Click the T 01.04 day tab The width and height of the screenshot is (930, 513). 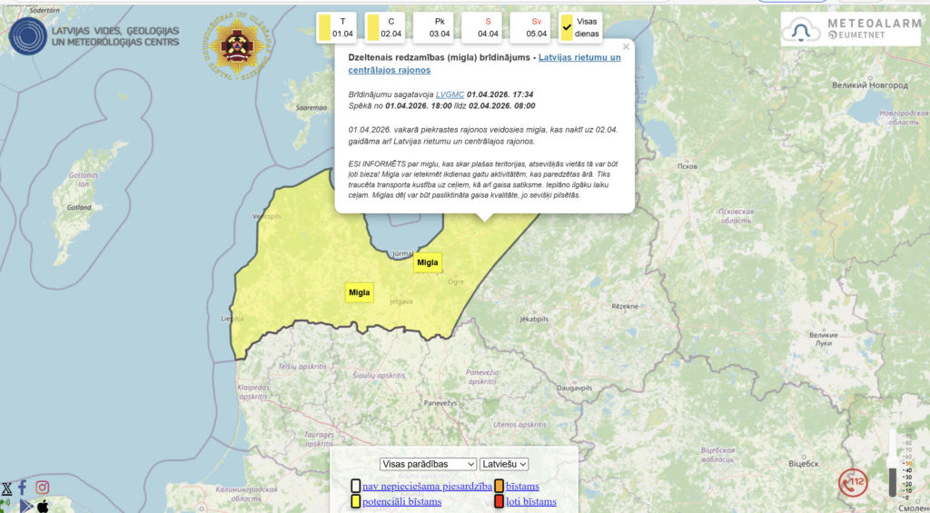pyautogui.click(x=336, y=27)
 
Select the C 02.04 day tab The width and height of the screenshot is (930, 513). pyautogui.click(x=385, y=27)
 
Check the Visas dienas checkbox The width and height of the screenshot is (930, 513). pyautogui.click(x=568, y=28)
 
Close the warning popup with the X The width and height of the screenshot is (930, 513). pyautogui.click(x=626, y=46)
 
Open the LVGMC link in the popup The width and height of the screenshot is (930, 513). pyautogui.click(x=450, y=94)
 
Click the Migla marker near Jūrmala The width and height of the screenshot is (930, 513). pyautogui.click(x=427, y=262)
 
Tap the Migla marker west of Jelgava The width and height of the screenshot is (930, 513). pyautogui.click(x=359, y=292)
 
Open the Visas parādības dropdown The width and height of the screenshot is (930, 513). pyautogui.click(x=428, y=464)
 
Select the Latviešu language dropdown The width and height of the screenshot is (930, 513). pyautogui.click(x=504, y=464)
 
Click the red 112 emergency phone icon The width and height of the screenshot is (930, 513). pyautogui.click(x=853, y=482)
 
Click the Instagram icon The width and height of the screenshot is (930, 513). pyautogui.click(x=42, y=488)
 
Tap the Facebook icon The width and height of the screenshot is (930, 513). pyautogui.click(x=23, y=488)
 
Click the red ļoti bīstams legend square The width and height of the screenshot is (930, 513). pyautogui.click(x=499, y=501)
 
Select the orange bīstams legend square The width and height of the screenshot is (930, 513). pyautogui.click(x=499, y=486)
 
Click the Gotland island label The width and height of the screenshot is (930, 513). pyautogui.click(x=80, y=207)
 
